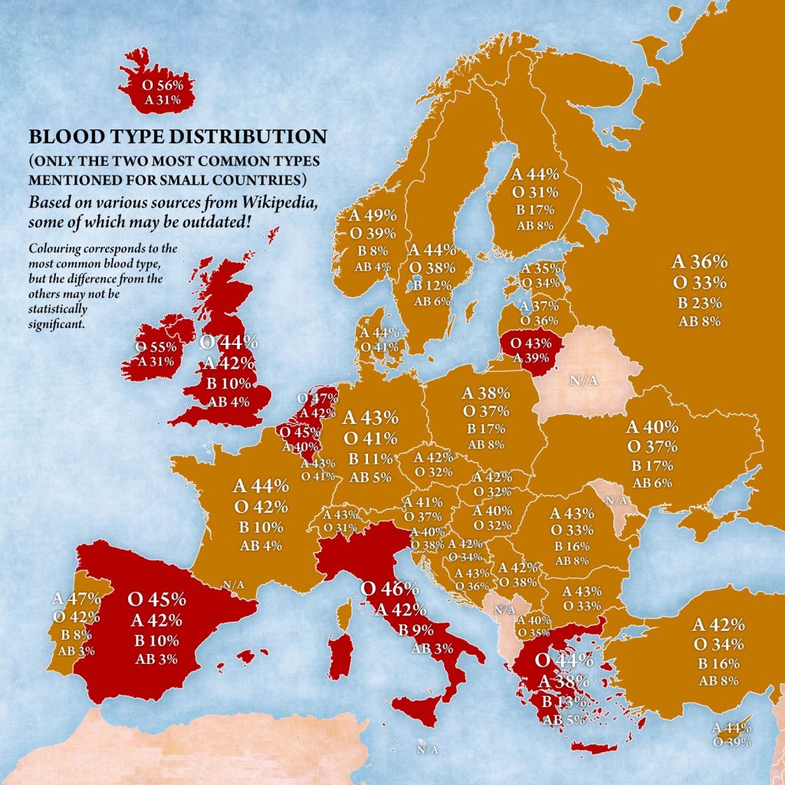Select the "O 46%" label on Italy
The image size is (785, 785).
point(389,590)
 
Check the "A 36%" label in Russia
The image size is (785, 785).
point(699,261)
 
